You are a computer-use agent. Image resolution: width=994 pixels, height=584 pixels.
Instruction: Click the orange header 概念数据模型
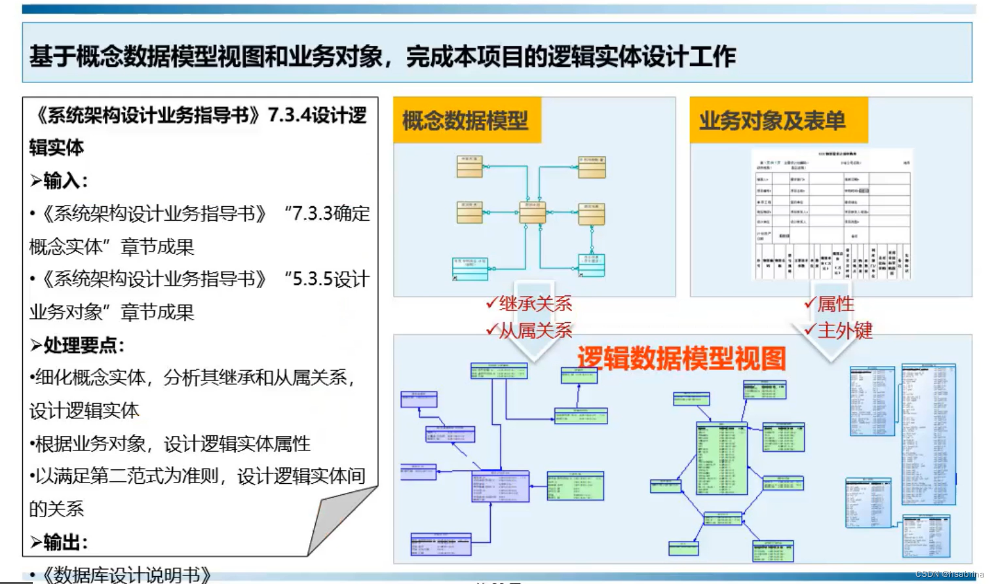[465, 120]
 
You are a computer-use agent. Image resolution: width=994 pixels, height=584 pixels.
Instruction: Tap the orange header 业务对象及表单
[772, 120]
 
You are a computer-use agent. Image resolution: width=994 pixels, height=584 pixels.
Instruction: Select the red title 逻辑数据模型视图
[681, 358]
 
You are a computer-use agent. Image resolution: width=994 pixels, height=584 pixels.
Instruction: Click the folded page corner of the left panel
[341, 520]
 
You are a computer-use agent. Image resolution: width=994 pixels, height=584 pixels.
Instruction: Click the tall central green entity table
[721, 458]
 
